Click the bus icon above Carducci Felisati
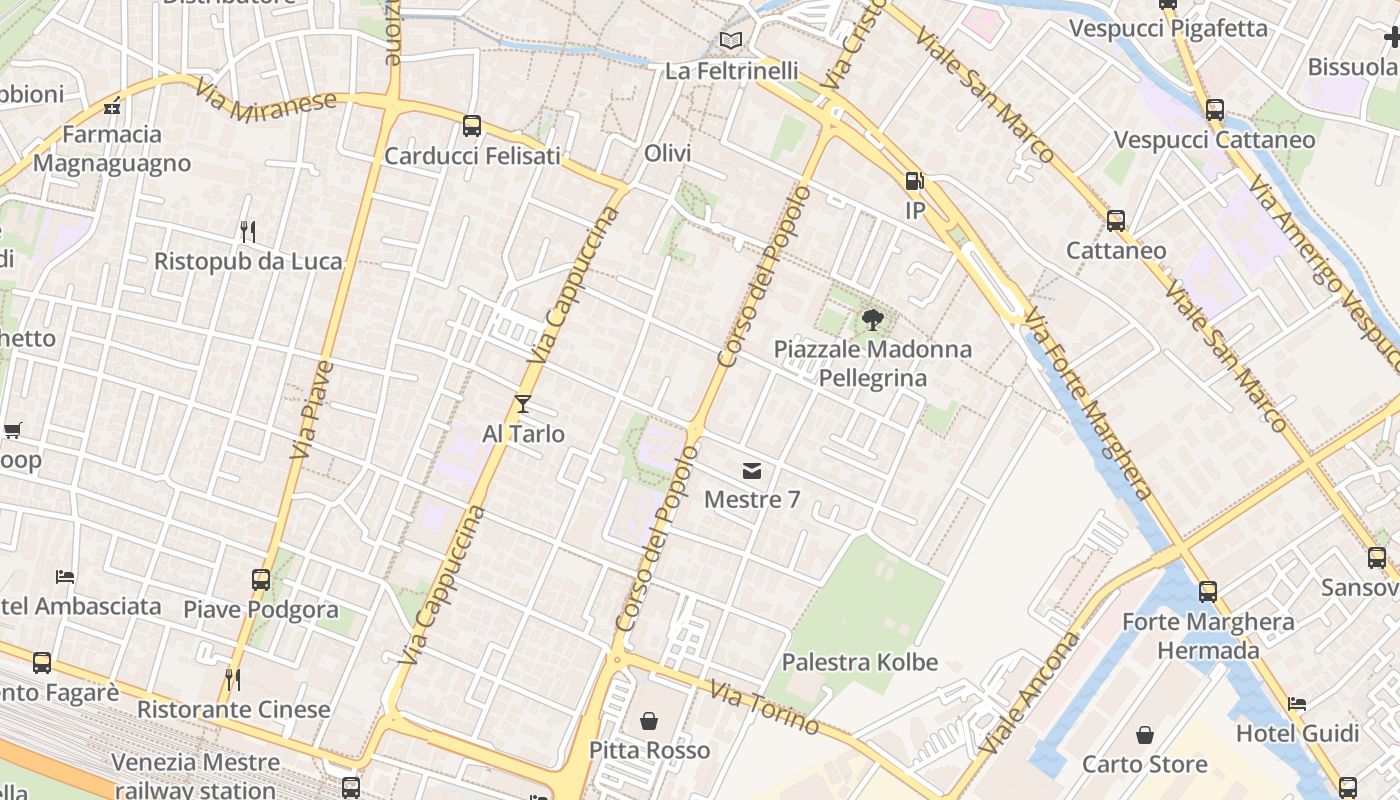click(x=472, y=126)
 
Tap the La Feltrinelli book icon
click(x=732, y=41)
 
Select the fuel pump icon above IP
click(x=914, y=181)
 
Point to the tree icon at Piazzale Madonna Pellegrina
click(x=872, y=320)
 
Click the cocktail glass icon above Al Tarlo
click(x=522, y=404)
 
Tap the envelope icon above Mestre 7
click(x=752, y=470)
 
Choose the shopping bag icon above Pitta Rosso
click(x=649, y=720)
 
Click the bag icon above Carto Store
click(x=1145, y=735)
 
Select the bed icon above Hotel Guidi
click(x=1297, y=704)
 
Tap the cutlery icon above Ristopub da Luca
click(x=248, y=232)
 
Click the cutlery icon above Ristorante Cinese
click(x=233, y=680)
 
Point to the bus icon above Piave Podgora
click(x=261, y=579)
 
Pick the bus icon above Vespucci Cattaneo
click(x=1215, y=109)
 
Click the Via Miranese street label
click(x=267, y=102)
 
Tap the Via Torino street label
click(x=764, y=708)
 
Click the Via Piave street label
click(x=312, y=410)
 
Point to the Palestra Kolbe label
click(x=860, y=662)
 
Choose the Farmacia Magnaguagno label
click(x=112, y=148)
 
